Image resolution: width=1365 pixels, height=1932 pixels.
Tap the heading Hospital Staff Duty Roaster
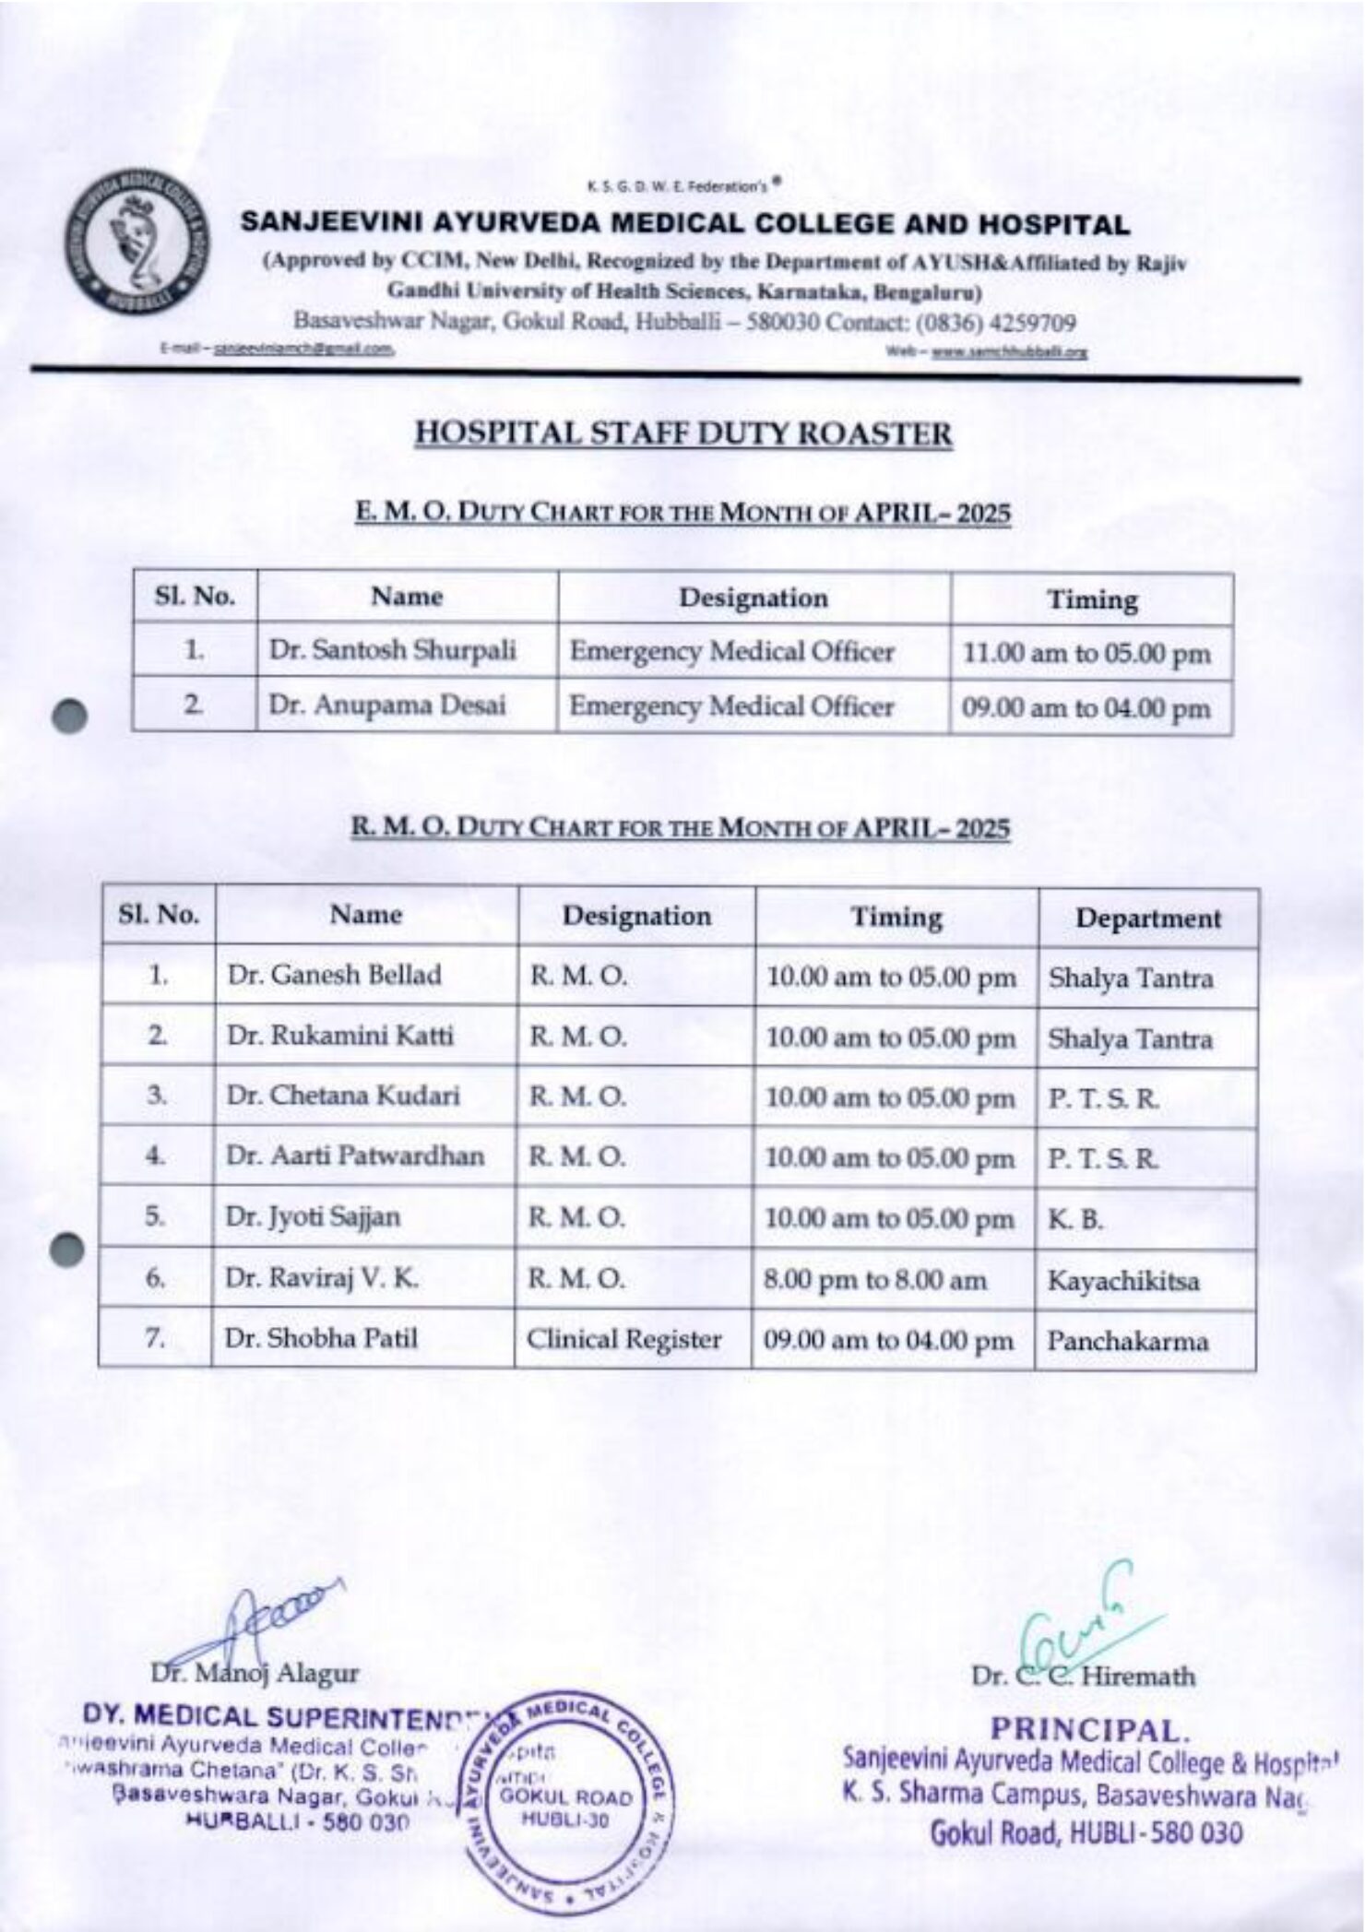point(682,433)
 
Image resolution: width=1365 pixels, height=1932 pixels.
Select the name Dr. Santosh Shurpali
point(392,651)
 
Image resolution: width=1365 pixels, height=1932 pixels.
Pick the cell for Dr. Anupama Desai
point(387,705)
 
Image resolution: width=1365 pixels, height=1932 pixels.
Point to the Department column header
point(1147,919)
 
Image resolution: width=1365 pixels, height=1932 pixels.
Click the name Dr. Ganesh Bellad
point(334,975)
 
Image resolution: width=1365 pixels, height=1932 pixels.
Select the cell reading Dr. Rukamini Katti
point(340,1036)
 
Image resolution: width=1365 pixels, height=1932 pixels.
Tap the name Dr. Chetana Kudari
point(343,1096)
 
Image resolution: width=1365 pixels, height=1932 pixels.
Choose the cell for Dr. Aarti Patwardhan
point(355,1156)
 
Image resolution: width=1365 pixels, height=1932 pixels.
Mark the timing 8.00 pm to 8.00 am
point(874,1280)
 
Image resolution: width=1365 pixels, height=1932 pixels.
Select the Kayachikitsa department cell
point(1123,1280)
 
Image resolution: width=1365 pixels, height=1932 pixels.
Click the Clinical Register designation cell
point(623,1339)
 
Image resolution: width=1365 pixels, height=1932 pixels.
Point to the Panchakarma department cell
point(1127,1341)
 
